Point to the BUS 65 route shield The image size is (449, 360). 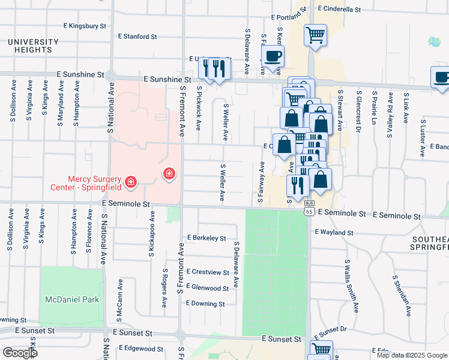click(309, 211)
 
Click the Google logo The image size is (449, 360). click(20, 353)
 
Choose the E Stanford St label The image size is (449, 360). click(137, 37)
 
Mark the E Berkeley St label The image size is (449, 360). click(206, 238)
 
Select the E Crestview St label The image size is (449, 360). click(208, 272)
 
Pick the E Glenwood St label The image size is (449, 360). click(208, 288)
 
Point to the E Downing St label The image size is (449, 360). click(205, 304)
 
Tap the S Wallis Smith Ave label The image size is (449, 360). click(356, 286)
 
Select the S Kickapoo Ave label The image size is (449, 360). click(152, 234)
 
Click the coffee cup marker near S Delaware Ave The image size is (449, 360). click(273, 57)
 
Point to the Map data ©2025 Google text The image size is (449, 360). click(411, 355)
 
